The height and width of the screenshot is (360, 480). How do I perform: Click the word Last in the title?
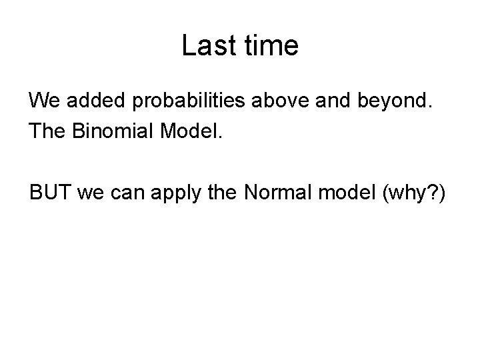click(205, 46)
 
